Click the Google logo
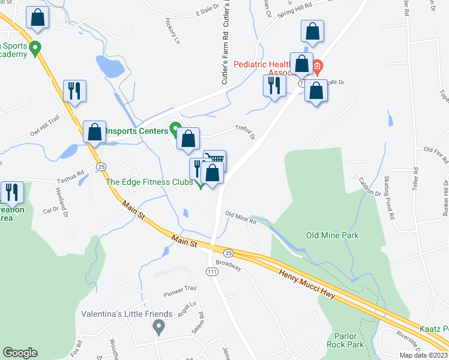(20, 353)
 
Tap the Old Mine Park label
(332, 235)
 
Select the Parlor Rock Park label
(345, 340)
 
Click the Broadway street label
(229, 265)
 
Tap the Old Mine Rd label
(241, 217)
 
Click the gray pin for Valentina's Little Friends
(158, 327)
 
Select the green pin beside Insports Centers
(175, 128)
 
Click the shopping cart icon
(215, 159)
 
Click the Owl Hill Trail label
(46, 128)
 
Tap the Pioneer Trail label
(180, 290)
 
